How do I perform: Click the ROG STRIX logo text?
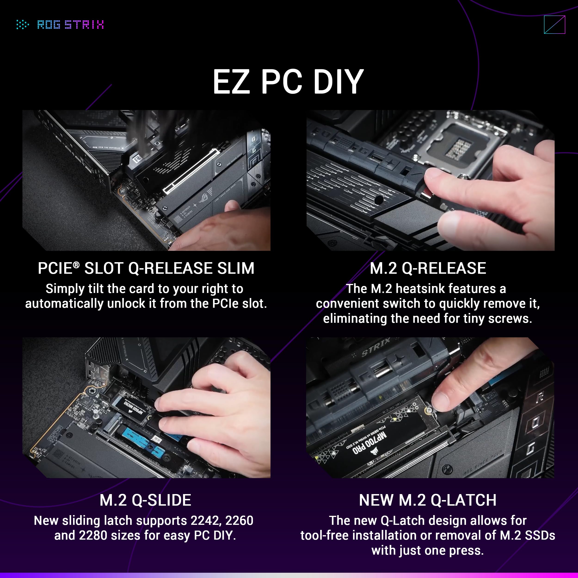tap(71, 25)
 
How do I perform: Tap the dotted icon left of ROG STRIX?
tap(22, 25)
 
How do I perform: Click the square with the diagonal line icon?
tap(554, 25)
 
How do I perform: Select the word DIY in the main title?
tap(338, 82)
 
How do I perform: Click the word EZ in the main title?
tap(231, 82)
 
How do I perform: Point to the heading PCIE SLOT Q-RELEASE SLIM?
tap(146, 268)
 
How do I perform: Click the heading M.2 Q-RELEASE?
tap(428, 268)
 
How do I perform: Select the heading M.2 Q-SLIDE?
tap(145, 500)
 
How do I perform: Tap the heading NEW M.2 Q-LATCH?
tap(428, 500)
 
